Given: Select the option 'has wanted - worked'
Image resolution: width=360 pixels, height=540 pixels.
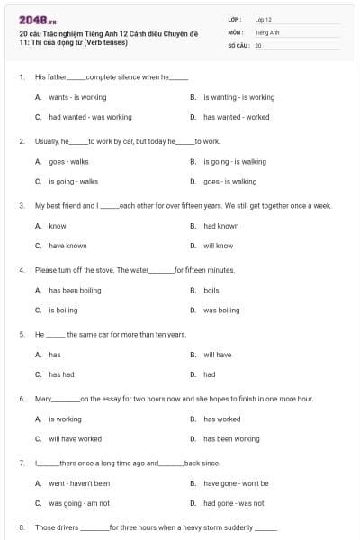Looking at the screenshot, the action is [x=236, y=117].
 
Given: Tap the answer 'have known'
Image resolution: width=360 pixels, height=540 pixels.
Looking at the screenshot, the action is [x=67, y=246].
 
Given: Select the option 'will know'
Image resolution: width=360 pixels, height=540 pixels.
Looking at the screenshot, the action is [x=218, y=246].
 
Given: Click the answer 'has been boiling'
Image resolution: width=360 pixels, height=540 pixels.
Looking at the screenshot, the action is [x=75, y=291].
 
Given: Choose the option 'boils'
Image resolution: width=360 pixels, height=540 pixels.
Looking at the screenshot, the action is [x=211, y=291].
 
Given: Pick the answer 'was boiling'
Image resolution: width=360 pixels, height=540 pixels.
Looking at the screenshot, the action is [x=221, y=310].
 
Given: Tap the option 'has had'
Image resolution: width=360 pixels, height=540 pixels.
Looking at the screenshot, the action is [x=61, y=374].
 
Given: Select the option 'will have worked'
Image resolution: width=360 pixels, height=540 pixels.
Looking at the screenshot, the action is [x=75, y=439].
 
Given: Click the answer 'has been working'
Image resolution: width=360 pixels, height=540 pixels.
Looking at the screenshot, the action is [x=231, y=439].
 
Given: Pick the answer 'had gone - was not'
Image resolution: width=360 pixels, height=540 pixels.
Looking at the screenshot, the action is [x=233, y=503].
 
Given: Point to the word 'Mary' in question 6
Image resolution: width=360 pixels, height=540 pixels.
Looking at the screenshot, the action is [x=43, y=399].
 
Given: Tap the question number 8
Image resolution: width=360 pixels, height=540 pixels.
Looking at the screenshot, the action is [x=22, y=527].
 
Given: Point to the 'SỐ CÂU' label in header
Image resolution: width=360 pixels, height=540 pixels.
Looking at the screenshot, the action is [x=238, y=45].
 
